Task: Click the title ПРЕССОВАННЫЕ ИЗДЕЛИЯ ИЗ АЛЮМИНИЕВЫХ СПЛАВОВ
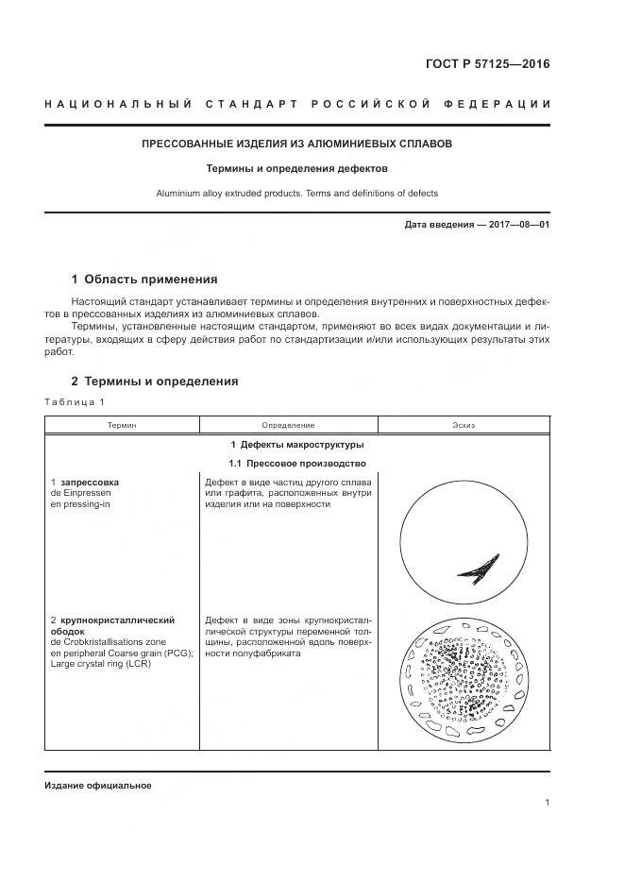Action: click(296, 144)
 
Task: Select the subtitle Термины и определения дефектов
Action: click(296, 169)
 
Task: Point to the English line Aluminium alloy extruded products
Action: click(296, 194)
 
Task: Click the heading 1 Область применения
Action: click(144, 280)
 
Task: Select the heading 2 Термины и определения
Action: click(155, 382)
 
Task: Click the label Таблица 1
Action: click(76, 403)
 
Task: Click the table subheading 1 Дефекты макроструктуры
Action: click(296, 445)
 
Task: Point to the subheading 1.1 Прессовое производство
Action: click(296, 464)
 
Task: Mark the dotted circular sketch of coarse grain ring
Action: click(463, 676)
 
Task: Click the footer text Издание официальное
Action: click(97, 786)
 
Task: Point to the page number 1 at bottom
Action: click(547, 803)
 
